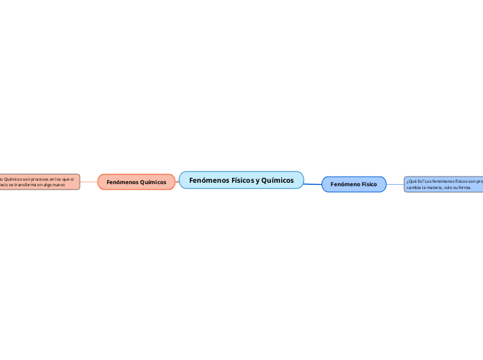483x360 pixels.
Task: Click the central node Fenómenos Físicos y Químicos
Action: (241, 180)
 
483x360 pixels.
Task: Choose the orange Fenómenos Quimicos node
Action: (137, 182)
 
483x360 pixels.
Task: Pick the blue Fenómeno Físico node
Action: (353, 185)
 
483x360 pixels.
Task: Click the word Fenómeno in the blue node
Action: (344, 185)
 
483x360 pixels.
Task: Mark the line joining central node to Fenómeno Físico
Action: (313, 183)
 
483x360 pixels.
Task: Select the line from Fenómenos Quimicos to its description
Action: (89, 182)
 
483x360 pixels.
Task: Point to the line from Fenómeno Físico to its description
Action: (395, 185)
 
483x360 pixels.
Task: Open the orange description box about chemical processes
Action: (39, 182)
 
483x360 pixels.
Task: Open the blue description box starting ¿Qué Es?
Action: (444, 184)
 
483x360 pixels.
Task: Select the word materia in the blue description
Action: (438, 188)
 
